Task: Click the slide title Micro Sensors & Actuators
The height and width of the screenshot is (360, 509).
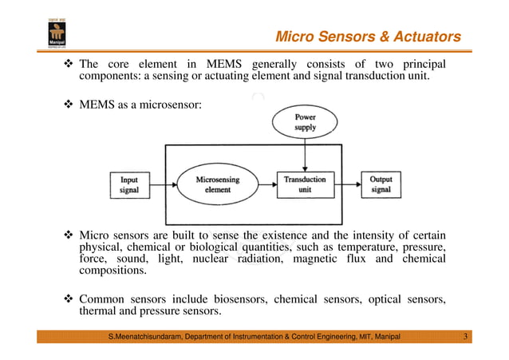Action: [368, 37]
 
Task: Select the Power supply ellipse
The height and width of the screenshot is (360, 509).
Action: [304, 123]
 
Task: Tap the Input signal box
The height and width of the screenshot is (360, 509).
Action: [128, 184]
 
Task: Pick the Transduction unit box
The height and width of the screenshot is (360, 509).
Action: [304, 184]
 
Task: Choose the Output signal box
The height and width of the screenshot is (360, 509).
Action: [381, 184]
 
